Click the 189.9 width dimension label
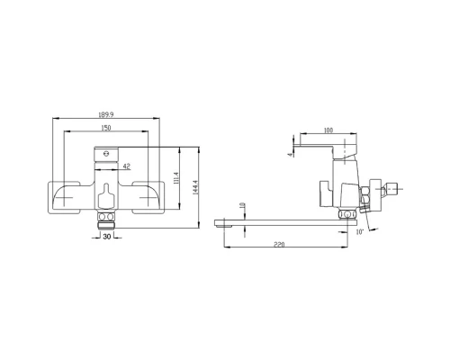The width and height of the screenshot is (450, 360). (x=106, y=114)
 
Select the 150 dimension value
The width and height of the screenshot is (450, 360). (x=106, y=128)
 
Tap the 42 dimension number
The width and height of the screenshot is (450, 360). (x=127, y=166)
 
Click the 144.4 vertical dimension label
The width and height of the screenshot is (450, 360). (x=194, y=188)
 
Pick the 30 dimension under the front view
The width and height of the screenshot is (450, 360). (x=107, y=237)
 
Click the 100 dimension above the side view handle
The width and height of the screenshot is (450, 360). (x=328, y=130)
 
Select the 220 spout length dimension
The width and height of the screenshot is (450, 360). (x=279, y=244)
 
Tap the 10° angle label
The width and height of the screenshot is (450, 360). (x=360, y=232)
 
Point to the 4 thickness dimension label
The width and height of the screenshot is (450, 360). (x=290, y=155)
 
